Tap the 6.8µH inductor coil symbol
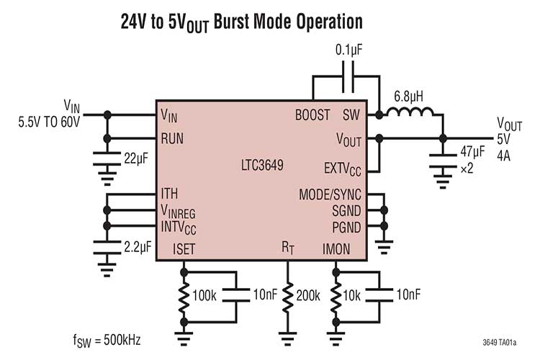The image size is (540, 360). [410, 112]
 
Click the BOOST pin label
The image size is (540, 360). [312, 114]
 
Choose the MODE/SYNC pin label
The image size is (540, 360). [329, 195]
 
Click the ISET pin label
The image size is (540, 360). [184, 249]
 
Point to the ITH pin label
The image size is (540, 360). [169, 194]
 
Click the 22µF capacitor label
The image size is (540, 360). [135, 158]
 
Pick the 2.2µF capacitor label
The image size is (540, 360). [138, 247]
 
